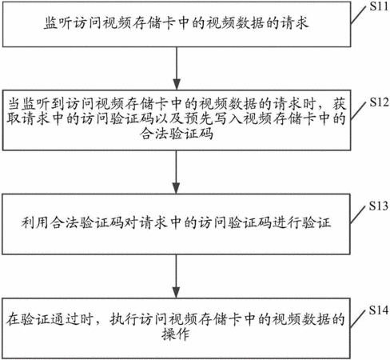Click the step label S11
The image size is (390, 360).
(x=379, y=6)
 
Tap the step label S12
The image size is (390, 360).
(x=379, y=102)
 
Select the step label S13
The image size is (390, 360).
(x=379, y=206)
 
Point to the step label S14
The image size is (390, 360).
(x=379, y=310)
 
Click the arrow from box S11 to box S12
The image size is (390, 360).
(x=177, y=68)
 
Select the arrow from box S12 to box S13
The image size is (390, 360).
(x=177, y=172)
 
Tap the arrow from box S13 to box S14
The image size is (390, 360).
(x=177, y=276)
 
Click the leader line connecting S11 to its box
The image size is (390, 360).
(x=358, y=15)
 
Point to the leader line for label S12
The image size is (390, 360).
(x=358, y=111)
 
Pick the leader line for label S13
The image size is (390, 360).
(x=358, y=215)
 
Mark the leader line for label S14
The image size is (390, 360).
(x=358, y=319)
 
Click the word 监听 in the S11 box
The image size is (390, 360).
(x=58, y=23)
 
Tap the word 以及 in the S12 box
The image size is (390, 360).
(x=169, y=118)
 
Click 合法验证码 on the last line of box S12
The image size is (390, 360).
(x=177, y=134)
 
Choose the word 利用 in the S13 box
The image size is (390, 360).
(x=35, y=222)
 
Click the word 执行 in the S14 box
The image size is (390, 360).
(x=124, y=319)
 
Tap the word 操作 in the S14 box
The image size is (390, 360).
(x=176, y=334)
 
